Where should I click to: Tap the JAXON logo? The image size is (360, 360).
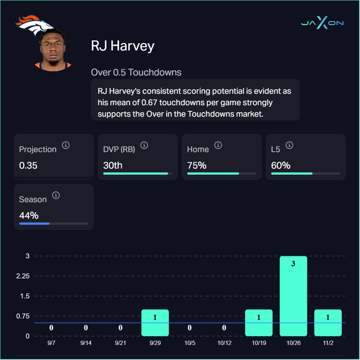pos(322,23)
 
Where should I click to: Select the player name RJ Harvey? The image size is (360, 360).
pos(123,46)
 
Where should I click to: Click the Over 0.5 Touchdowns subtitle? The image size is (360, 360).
pos(136,72)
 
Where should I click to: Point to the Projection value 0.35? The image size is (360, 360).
pos(28,166)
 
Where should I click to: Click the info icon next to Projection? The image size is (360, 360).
pos(65,145)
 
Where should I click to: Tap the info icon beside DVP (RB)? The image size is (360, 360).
pos(144,145)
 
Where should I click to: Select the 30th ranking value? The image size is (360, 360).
pos(113,166)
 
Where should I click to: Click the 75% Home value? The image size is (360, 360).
pos(197,166)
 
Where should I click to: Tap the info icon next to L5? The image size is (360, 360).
pos(289,145)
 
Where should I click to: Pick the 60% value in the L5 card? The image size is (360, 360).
pos(281,166)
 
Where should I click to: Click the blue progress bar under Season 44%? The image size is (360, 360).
pos(34,224)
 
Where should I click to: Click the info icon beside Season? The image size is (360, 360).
pos(56,195)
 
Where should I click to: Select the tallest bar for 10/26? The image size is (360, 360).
pos(293,296)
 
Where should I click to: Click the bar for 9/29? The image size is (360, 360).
pos(155,323)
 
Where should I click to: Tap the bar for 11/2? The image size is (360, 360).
pos(328,323)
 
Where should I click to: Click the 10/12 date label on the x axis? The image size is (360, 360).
pos(224,343)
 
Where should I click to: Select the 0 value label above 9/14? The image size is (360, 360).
pos(86,327)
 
